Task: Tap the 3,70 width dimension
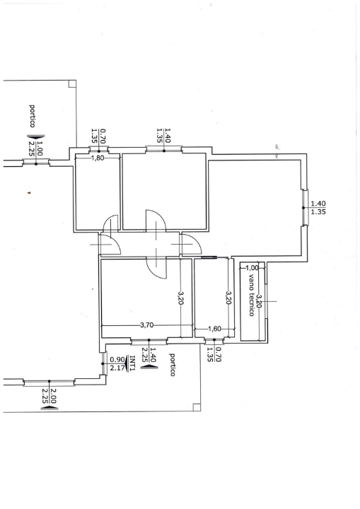pos(146,325)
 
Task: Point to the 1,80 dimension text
pos(98,158)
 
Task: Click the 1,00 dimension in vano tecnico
pos(252,268)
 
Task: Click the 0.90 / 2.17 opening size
pos(117,363)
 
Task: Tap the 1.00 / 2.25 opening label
pos(35,147)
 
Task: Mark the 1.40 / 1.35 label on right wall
pos(318,207)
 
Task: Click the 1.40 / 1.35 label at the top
pos(164,135)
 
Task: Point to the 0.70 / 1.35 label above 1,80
pos(98,136)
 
